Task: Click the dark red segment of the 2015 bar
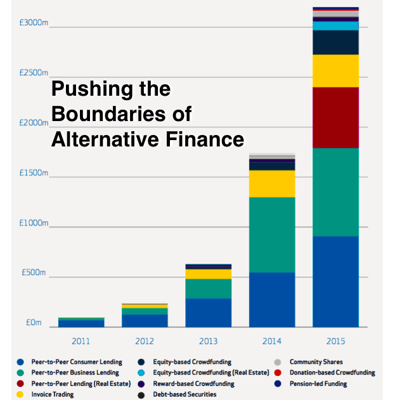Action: click(x=335, y=117)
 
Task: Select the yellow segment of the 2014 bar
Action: click(x=272, y=184)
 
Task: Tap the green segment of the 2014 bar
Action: click(x=272, y=235)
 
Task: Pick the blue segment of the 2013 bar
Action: click(x=208, y=313)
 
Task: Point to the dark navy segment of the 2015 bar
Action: click(x=335, y=42)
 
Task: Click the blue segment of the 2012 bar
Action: click(x=145, y=320)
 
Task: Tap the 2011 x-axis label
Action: click(x=81, y=341)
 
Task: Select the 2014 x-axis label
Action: click(x=272, y=341)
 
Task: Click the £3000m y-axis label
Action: click(x=30, y=23)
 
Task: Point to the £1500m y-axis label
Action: click(x=30, y=173)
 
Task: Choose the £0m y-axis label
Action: click(x=33, y=323)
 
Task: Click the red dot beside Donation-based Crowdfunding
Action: click(x=278, y=373)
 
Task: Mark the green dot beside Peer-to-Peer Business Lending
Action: click(x=21, y=373)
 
